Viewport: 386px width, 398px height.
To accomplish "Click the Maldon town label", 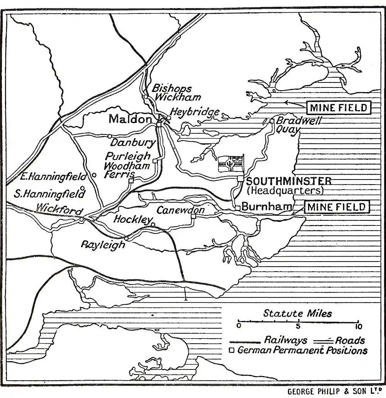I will tap(130, 119).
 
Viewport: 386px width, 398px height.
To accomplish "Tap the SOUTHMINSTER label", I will tap(288, 181).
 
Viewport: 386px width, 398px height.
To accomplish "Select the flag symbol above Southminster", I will tap(231, 164).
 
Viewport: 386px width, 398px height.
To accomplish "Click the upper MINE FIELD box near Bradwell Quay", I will tap(339, 107).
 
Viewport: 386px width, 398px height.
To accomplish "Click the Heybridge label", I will tap(195, 113).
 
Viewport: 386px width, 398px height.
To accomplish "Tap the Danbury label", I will tap(132, 143).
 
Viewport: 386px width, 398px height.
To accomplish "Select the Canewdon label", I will tap(180, 210).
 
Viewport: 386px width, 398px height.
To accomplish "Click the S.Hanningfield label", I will tap(49, 194).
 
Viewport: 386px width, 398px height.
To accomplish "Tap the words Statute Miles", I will tap(297, 313).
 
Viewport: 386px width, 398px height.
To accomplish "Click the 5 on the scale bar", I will tap(298, 327).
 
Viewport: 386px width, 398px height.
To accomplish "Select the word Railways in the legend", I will tap(286, 340).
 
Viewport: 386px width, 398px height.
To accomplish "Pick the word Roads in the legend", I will tap(350, 340).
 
